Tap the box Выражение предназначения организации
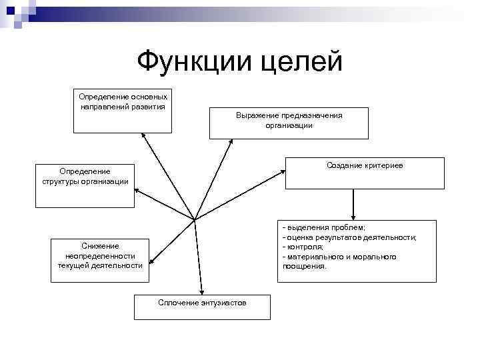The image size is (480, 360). coord(289,123)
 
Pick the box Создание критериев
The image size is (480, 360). coord(364,173)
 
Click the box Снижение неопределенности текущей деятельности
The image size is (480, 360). coord(100,260)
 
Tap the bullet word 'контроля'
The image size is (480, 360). coord(305,247)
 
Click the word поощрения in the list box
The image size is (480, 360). coord(305,266)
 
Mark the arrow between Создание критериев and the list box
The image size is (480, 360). coord(353,204)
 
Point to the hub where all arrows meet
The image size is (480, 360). coord(194,219)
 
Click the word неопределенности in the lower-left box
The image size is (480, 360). coord(100,256)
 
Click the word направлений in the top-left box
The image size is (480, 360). coord(101,106)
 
